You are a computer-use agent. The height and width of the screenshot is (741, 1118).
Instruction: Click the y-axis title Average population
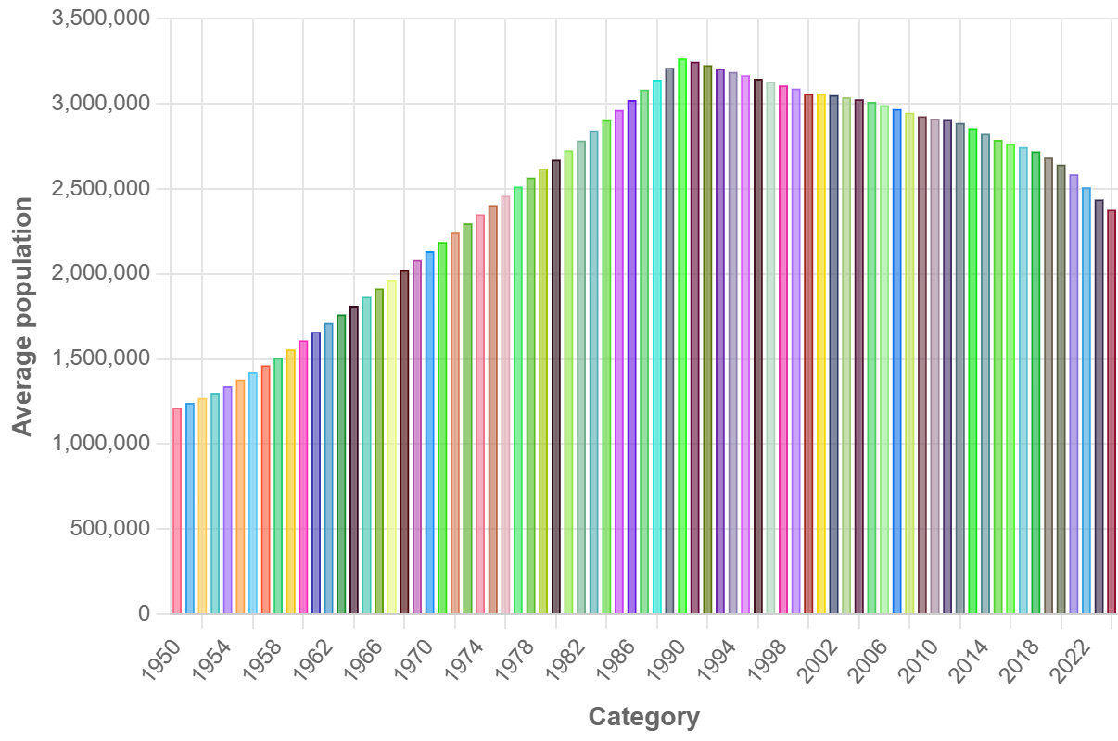22,316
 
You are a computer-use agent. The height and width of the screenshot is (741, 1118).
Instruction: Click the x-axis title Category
643,717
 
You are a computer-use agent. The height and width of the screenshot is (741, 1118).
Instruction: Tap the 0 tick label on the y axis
144,614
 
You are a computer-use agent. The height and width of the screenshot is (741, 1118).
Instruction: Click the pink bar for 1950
177,510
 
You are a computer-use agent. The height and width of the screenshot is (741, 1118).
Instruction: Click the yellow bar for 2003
821,353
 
